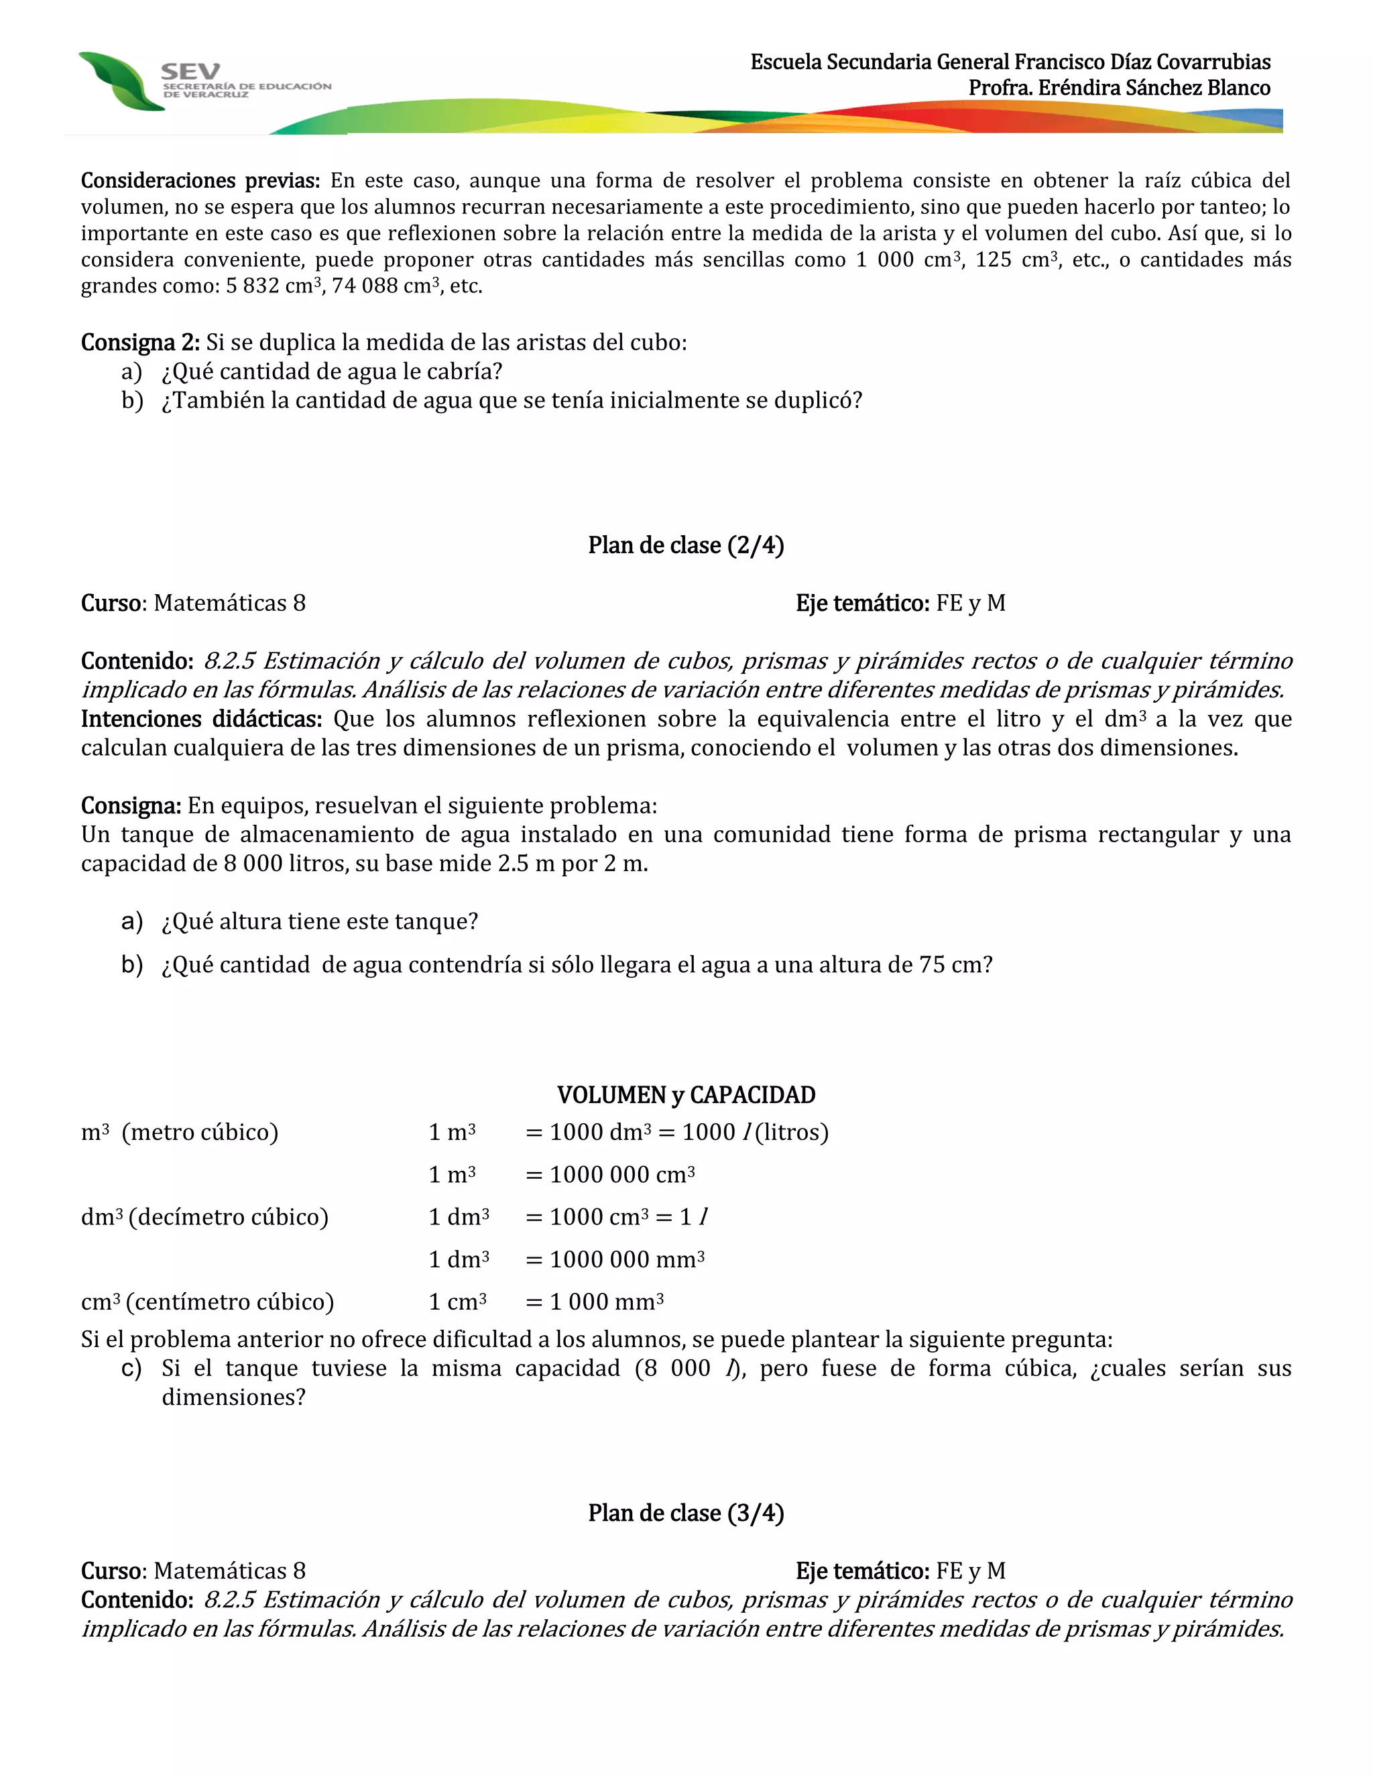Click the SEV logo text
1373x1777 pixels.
tap(190, 71)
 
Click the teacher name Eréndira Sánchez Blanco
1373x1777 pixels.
tap(1119, 88)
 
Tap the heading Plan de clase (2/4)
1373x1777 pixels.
tap(686, 545)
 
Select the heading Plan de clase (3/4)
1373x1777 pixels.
tap(686, 1513)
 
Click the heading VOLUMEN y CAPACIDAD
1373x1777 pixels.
tap(686, 1095)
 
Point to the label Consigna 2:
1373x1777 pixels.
tap(140, 343)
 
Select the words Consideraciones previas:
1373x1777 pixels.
tap(200, 180)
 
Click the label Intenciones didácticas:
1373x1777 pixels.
tap(201, 720)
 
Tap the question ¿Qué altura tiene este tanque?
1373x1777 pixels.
tap(320, 922)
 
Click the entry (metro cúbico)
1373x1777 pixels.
tap(200, 1133)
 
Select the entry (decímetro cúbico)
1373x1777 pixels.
tap(229, 1217)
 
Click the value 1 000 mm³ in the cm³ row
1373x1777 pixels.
tap(606, 1302)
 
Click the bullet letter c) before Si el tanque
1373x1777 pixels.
tap(131, 1369)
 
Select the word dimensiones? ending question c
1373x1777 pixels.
tap(233, 1398)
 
